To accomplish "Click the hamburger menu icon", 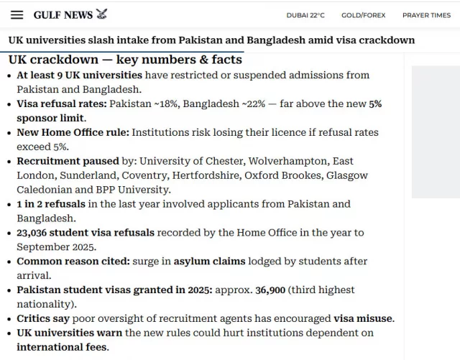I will pyautogui.click(x=17, y=15).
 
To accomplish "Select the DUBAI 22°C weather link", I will pyautogui.click(x=305, y=15).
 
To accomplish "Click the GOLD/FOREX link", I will pyautogui.click(x=363, y=15).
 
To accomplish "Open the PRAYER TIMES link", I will pyautogui.click(x=426, y=15).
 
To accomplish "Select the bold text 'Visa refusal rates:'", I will pyautogui.click(x=63, y=103).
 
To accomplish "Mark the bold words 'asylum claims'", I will pyautogui.click(x=211, y=262).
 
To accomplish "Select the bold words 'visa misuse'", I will pyautogui.click(x=363, y=318).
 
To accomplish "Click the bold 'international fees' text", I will pyautogui.click(x=63, y=347).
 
